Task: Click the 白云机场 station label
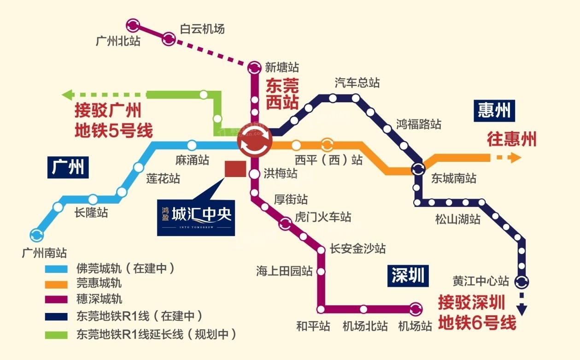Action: [x=202, y=29]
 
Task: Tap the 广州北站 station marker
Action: [x=133, y=24]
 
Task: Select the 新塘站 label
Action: [x=282, y=68]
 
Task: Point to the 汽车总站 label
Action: [x=357, y=83]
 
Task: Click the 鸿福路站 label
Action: [x=418, y=124]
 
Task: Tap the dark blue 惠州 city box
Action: [x=493, y=111]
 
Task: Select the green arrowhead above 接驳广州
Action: [x=68, y=95]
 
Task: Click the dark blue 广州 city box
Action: [x=68, y=167]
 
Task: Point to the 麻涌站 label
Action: [x=192, y=160]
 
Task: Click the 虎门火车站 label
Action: [x=323, y=217]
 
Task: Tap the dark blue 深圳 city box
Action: [x=407, y=276]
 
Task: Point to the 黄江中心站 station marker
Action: [x=521, y=281]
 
